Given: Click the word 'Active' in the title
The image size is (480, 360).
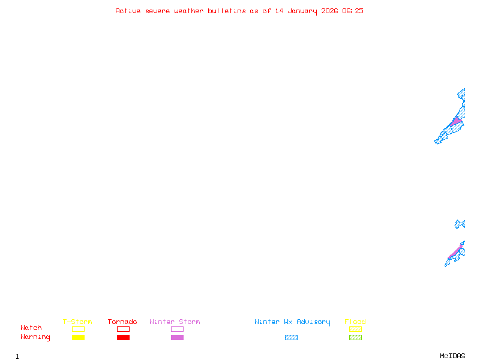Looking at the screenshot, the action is [128, 11].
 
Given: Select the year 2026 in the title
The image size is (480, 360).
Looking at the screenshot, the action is [329, 11].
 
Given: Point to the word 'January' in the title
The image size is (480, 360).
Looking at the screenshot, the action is [302, 11].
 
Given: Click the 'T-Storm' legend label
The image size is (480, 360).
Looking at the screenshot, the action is [77, 322].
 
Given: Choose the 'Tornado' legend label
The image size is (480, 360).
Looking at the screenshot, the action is [122, 322].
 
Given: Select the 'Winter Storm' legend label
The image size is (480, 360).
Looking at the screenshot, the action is [175, 322].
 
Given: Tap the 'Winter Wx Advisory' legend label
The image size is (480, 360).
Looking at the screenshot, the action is [292, 322].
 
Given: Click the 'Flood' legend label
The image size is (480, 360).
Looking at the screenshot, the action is [355, 322].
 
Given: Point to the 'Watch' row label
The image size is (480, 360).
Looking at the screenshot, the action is [31, 328].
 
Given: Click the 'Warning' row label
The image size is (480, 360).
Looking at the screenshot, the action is [35, 337].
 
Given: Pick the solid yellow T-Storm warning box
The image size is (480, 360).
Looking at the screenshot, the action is [79, 337].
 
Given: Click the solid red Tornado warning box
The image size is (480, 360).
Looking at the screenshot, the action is [124, 337].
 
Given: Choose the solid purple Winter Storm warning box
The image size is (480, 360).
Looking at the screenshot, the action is [177, 337].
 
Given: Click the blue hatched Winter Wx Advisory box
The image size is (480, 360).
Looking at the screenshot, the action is [291, 337].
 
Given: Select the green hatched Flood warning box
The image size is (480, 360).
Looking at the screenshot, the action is [355, 337].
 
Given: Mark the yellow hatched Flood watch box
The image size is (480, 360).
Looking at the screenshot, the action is [355, 329].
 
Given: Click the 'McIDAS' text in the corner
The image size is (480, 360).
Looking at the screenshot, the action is [452, 356].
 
